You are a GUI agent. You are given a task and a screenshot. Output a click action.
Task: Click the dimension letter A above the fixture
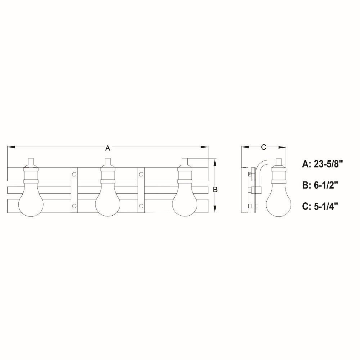[108, 148]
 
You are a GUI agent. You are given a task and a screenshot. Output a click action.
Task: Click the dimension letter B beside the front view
[215, 190]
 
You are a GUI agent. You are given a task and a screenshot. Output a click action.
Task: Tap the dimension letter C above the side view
[264, 147]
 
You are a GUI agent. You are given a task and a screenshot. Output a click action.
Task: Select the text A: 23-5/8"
[322, 164]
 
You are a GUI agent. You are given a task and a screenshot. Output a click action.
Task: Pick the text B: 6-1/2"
[320, 185]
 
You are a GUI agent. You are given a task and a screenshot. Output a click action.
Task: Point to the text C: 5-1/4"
[320, 206]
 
